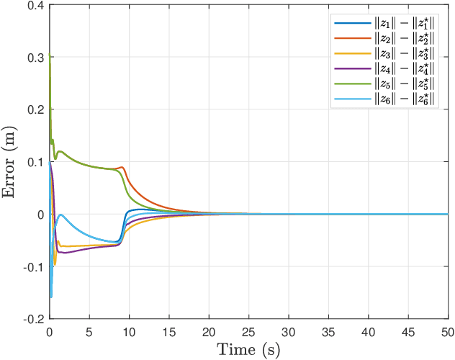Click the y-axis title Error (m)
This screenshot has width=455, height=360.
11,162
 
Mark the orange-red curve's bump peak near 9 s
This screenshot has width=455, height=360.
122,167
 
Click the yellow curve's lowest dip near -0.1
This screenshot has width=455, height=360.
54,265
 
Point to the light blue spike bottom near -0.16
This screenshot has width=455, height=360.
51,296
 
